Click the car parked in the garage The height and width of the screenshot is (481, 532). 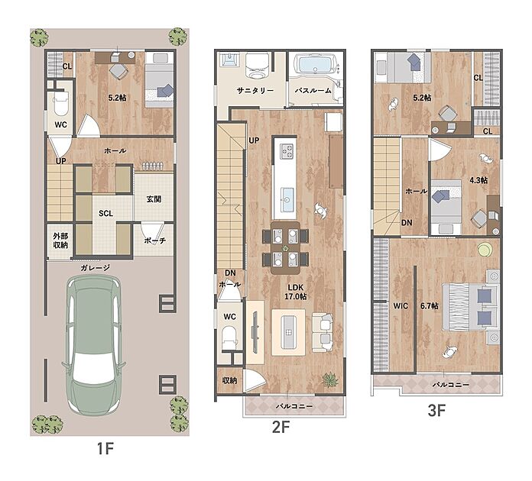[94, 344]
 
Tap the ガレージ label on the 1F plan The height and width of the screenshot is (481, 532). [96, 268]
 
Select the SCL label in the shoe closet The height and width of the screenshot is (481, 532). [105, 213]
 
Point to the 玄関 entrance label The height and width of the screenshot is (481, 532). [154, 199]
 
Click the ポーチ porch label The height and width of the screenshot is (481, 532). [154, 240]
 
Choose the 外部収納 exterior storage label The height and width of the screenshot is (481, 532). [60, 240]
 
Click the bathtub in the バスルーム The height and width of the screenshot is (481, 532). [315, 64]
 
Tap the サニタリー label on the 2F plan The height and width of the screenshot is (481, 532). [255, 91]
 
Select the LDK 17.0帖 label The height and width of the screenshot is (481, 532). [296, 292]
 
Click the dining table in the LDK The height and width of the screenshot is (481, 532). [285, 248]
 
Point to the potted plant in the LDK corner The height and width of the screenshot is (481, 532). [329, 379]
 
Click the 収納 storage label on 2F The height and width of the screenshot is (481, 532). [230, 380]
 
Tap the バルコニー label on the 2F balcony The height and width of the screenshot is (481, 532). [294, 405]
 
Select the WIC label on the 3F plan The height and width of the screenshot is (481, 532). [401, 305]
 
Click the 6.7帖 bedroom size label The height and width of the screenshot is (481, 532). [430, 305]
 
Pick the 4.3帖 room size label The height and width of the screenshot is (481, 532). [478, 180]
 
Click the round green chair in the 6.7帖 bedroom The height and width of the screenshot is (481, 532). [485, 250]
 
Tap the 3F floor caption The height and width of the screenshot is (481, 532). [436, 410]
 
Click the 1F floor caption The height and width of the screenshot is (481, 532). [105, 448]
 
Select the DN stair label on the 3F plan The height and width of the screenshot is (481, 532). [407, 223]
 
